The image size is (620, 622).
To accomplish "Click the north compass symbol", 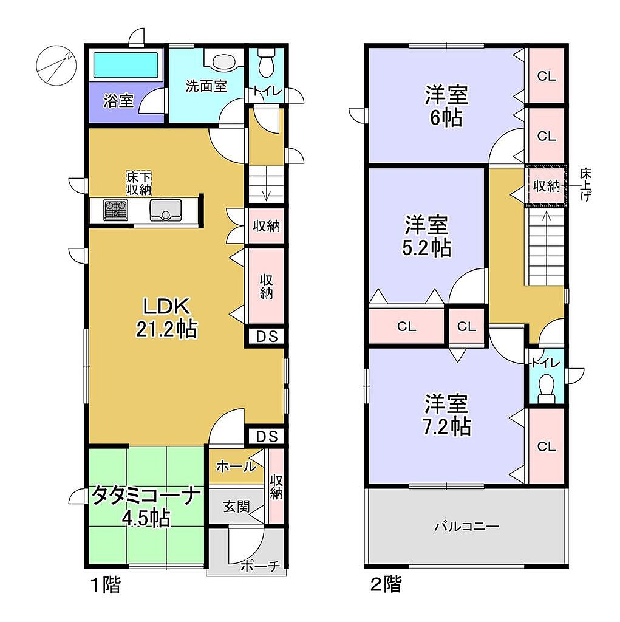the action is pyautogui.click(x=56, y=65).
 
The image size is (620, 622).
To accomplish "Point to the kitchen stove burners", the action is pyautogui.click(x=116, y=210).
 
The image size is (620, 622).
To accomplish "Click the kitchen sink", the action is pyautogui.click(x=165, y=210).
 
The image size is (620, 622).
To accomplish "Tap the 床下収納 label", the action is pyautogui.click(x=139, y=183).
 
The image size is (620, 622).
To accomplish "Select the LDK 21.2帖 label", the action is pyautogui.click(x=166, y=317).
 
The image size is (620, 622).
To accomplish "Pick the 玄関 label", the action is pyautogui.click(x=236, y=506).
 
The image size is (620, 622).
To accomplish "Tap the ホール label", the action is pyautogui.click(x=236, y=466).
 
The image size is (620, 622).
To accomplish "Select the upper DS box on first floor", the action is pyautogui.click(x=267, y=337).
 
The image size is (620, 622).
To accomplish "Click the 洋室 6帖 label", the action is pyautogui.click(x=447, y=106).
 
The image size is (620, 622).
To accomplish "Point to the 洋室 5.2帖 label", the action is pyautogui.click(x=427, y=236).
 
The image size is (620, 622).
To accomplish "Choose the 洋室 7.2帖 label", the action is pyautogui.click(x=447, y=414).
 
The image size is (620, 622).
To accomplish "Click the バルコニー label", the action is pyautogui.click(x=466, y=527).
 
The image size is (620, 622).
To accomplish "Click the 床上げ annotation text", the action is pyautogui.click(x=585, y=185).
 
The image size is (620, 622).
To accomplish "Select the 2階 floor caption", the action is pyautogui.click(x=386, y=584).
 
